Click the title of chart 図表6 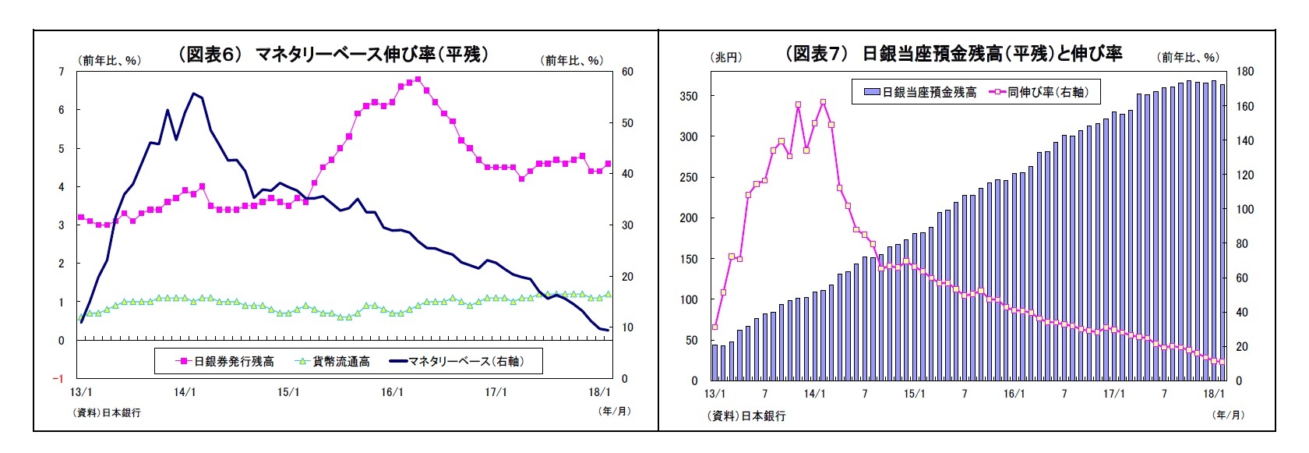coord(333,54)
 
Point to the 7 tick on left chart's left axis coord(62,72)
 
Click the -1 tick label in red coord(58,379)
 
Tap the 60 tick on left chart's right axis coord(627,72)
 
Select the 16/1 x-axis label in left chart coord(392,392)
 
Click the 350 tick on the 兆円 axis coord(689,97)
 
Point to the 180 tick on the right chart coord(1245,72)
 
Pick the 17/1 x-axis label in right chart coord(1113,394)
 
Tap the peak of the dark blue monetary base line coord(193,94)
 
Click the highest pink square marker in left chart coord(418,79)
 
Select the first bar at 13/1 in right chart coord(714,363)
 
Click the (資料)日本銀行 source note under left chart coord(107,412)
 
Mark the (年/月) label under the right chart coord(1229,414)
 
